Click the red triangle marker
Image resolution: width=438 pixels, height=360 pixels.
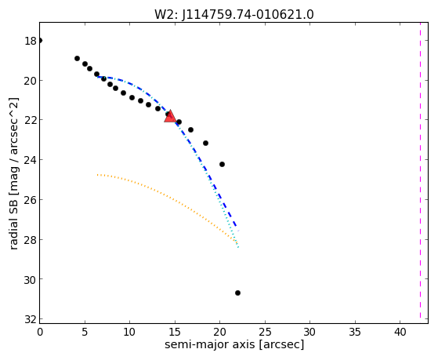(170, 116)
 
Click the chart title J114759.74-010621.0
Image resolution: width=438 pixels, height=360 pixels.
(248, 14)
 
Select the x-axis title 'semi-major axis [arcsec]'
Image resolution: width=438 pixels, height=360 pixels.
(234, 344)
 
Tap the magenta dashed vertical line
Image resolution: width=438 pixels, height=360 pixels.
(420, 170)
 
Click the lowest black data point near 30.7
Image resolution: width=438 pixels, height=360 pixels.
(237, 293)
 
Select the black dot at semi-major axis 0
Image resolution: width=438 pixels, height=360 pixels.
(40, 40)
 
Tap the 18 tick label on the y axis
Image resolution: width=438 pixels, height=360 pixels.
(31, 41)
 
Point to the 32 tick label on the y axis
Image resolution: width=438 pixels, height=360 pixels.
(31, 319)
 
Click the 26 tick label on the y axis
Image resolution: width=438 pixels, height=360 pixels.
(31, 200)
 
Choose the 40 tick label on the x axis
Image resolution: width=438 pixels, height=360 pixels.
(400, 332)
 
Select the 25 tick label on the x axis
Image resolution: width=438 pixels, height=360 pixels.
(265, 332)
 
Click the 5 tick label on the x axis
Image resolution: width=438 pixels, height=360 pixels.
(85, 332)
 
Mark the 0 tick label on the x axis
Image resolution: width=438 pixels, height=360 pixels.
(40, 332)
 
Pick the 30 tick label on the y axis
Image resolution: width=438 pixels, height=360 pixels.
(31, 279)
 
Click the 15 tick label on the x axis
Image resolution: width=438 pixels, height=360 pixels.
(175, 332)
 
